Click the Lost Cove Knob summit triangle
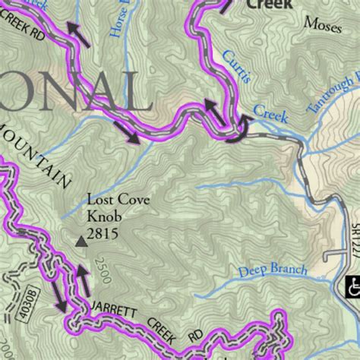(81, 242)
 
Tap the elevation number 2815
(103, 234)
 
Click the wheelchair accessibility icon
(353, 287)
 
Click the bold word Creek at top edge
(269, 4)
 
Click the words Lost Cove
(118, 201)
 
